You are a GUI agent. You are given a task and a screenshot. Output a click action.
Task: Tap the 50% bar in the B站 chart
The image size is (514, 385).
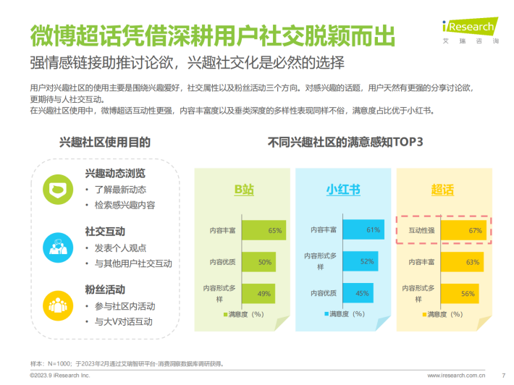click(x=257, y=262)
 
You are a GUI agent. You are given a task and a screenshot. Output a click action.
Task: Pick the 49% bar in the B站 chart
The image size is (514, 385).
click(x=256, y=293)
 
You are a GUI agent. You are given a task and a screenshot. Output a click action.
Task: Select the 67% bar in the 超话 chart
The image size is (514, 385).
click(x=462, y=230)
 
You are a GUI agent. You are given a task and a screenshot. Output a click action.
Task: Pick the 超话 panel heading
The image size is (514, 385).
click(x=442, y=190)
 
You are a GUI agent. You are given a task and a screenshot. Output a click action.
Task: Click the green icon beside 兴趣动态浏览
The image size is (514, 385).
click(x=57, y=188)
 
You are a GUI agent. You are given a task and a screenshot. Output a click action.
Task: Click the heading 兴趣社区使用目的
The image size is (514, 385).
click(x=105, y=142)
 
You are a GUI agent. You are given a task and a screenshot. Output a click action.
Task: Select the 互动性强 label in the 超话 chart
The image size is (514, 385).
click(x=421, y=230)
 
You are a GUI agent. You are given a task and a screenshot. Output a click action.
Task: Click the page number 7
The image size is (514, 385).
click(x=502, y=376)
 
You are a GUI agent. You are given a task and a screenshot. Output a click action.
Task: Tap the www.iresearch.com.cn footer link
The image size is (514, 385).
click(x=455, y=376)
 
